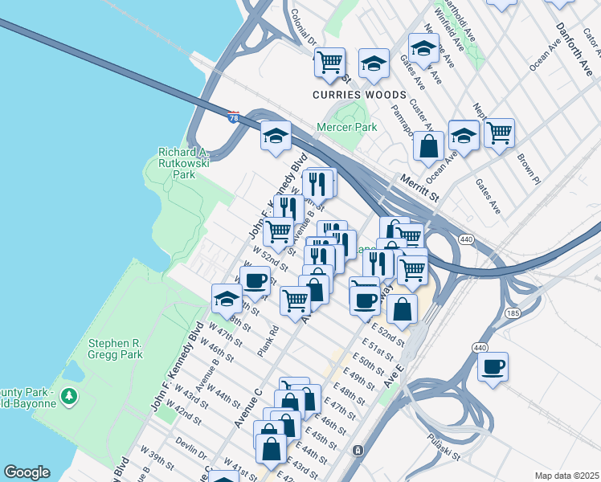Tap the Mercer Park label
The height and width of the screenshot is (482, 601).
coord(347,127)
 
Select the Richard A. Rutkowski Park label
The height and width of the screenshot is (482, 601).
coord(184,162)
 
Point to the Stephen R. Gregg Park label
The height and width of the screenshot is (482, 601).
coord(115,348)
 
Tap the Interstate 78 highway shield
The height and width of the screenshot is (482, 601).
coord(234,116)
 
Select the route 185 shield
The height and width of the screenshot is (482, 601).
coord(512,311)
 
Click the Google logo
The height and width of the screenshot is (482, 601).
coord(27,472)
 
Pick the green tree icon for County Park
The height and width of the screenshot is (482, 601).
coord(69,395)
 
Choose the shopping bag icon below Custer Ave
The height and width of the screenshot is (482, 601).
coord(429,146)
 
